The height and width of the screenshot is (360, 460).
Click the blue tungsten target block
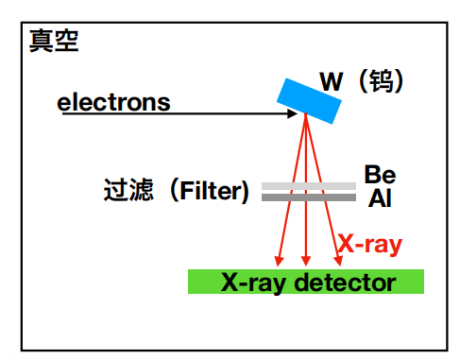(x=310, y=96)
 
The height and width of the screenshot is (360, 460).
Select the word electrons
(x=114, y=101)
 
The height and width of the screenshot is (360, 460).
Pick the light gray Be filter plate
(x=309, y=186)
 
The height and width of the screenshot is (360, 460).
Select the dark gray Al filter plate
(x=309, y=197)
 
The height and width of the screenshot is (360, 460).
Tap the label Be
(x=380, y=176)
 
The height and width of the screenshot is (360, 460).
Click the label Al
(x=379, y=198)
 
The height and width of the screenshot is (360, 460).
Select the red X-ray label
(x=370, y=244)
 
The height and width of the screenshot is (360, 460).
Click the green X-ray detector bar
(x=306, y=282)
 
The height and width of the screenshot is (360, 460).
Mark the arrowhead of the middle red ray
(x=305, y=262)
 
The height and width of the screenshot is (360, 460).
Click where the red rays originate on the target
(x=304, y=115)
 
